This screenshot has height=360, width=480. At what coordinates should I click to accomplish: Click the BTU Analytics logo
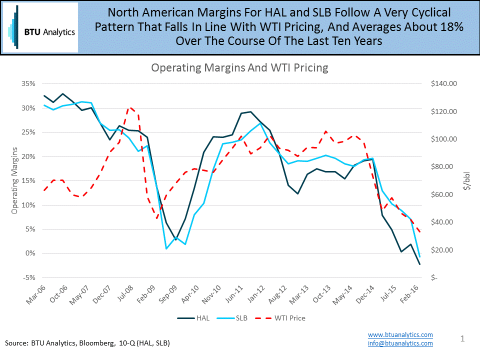pyautogui.click(x=40, y=27)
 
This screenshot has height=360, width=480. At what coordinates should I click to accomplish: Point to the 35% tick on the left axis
pyautogui.click(x=28, y=84)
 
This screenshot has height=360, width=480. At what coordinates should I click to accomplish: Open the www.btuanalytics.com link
pyautogui.click(x=400, y=334)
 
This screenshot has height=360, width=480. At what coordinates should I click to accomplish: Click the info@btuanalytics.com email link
pyautogui.click(x=400, y=343)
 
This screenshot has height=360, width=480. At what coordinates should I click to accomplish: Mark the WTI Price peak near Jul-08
pyautogui.click(x=129, y=107)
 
